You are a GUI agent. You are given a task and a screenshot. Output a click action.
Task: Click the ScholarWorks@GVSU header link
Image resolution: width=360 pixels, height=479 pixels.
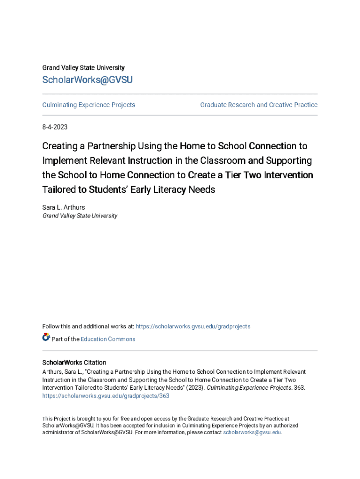click(x=87, y=80)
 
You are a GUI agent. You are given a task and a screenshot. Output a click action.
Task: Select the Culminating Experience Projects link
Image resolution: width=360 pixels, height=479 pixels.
click(x=89, y=105)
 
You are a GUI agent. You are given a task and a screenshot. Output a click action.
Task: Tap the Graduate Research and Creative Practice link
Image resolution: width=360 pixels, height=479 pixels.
click(x=259, y=105)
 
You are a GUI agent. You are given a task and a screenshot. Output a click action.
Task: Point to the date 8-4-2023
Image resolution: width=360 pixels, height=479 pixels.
click(x=55, y=127)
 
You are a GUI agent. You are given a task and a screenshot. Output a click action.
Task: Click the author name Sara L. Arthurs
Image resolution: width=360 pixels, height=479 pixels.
click(x=64, y=207)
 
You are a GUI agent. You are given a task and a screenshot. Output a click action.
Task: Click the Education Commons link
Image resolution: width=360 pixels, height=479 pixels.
click(x=108, y=339)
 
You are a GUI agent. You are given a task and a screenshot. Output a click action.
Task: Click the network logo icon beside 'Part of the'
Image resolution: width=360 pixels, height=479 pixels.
click(x=46, y=337)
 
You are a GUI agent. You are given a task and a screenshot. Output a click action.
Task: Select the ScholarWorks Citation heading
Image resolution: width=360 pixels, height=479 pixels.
click(x=74, y=363)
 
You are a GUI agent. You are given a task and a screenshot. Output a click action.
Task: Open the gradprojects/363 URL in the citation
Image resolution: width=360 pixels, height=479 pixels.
click(x=106, y=396)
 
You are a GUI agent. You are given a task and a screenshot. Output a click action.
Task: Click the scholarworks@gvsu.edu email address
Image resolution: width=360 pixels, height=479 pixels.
click(x=252, y=433)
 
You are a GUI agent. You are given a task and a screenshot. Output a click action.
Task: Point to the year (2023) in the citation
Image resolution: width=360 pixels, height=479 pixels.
click(x=194, y=388)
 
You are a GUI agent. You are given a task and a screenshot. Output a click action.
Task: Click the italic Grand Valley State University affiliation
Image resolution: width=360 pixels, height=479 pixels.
click(x=80, y=216)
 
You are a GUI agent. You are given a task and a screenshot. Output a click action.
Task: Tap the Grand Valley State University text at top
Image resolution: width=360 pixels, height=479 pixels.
click(x=83, y=68)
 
